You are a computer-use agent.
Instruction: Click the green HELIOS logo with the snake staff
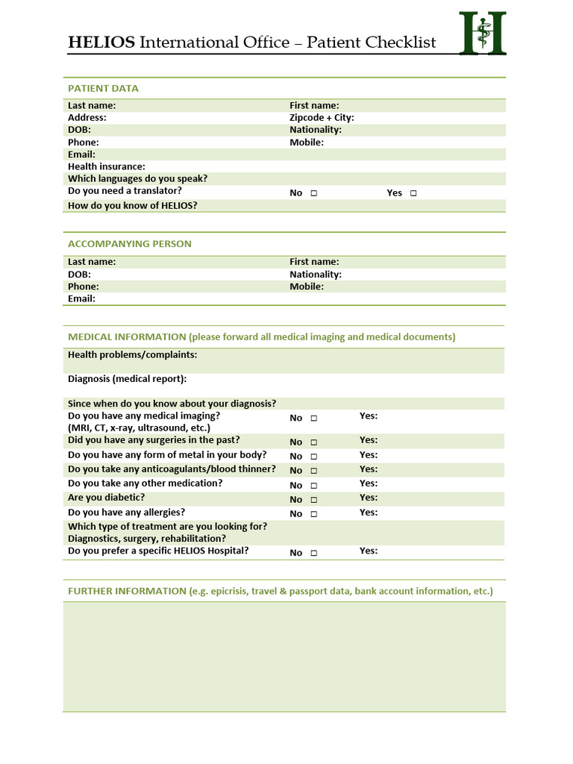[x=483, y=33]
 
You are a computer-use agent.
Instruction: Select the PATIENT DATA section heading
[x=103, y=88]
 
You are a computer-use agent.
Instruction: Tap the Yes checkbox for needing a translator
[x=413, y=193]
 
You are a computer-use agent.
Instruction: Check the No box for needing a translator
[x=314, y=193]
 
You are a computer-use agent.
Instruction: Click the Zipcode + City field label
[x=322, y=118]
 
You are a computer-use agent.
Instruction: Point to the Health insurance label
[x=107, y=166]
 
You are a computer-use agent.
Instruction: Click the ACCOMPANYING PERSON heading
[x=130, y=244]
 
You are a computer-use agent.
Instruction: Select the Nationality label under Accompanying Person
[x=316, y=275]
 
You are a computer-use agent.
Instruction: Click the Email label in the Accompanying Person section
[x=81, y=298]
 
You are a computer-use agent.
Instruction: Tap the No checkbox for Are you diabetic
[x=314, y=500]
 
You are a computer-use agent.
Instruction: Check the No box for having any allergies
[x=314, y=514]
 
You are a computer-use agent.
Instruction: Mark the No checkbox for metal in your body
[x=314, y=457]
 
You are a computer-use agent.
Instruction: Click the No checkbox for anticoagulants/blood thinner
[x=314, y=471]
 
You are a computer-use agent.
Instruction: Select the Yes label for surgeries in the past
[x=369, y=440]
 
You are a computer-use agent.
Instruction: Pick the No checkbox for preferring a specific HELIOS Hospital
[x=314, y=554]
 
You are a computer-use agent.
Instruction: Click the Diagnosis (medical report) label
[x=127, y=379]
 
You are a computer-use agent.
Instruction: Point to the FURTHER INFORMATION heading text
[x=127, y=591]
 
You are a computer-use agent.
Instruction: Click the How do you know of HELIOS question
[x=133, y=206]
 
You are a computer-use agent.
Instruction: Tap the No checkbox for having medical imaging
[x=314, y=419]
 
